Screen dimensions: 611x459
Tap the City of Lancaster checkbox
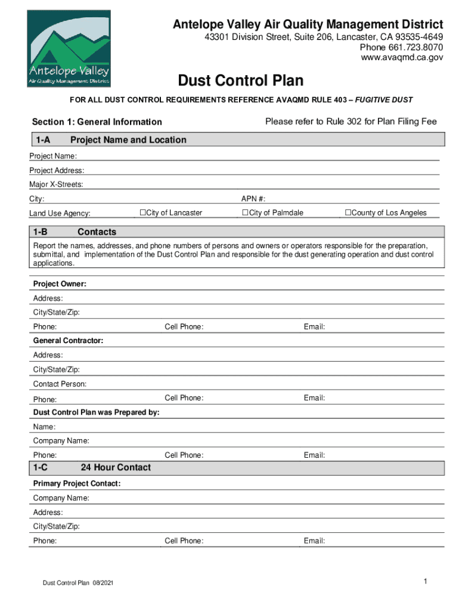[x=143, y=213]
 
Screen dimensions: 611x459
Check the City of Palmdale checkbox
[x=245, y=213]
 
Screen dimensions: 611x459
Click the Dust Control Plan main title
[x=240, y=81]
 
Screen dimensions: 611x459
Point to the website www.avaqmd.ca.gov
[x=402, y=57]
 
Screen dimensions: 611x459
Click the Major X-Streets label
[x=57, y=184]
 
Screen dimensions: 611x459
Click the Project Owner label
[x=60, y=284]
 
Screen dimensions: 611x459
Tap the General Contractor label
[x=68, y=341]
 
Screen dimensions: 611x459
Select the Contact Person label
[x=60, y=384]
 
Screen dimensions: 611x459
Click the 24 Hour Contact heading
[x=116, y=468]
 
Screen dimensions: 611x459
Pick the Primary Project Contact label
[x=77, y=483]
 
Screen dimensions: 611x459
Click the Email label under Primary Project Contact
[x=314, y=541]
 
